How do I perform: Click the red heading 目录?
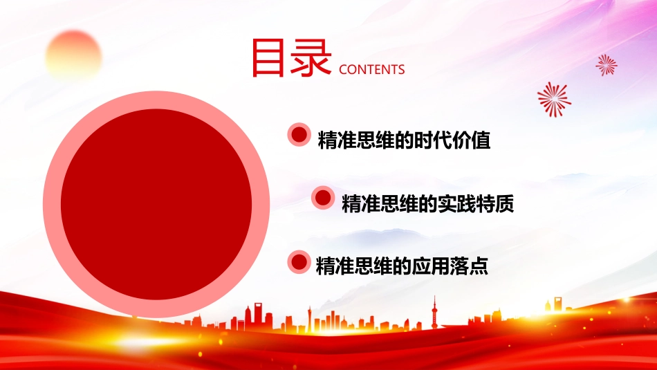pyautogui.click(x=291, y=58)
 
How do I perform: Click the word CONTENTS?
pyautogui.click(x=371, y=70)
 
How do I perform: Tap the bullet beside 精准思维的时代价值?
pyautogui.click(x=299, y=135)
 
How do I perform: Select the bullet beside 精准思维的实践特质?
pyautogui.click(x=323, y=198)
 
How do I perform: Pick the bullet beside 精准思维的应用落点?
pyautogui.click(x=299, y=262)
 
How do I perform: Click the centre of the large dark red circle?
pyautogui.click(x=156, y=204)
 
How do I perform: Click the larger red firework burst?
pyautogui.click(x=555, y=100)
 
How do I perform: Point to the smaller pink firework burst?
pyautogui.click(x=607, y=65)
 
